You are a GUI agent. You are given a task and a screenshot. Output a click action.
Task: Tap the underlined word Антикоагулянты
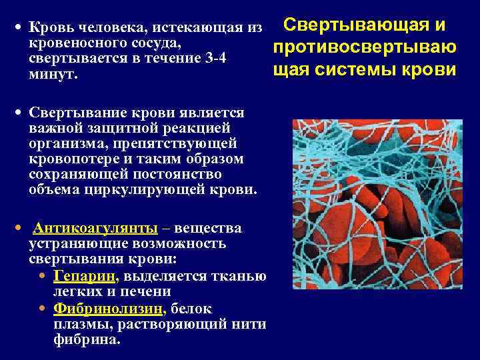(95, 229)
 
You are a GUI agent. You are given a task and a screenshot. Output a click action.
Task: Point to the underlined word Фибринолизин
(108, 309)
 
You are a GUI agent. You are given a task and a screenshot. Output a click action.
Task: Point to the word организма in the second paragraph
(61, 143)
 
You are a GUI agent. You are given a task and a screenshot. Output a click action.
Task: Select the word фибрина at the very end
(85, 339)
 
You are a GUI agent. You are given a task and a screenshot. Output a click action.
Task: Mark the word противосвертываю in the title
(364, 47)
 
